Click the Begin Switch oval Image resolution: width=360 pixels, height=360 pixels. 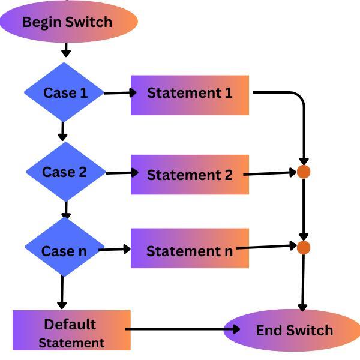point(68,22)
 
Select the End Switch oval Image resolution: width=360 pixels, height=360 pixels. point(292,330)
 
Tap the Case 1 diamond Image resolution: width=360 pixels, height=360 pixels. point(65,93)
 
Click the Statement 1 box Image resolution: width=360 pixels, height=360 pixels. point(190,94)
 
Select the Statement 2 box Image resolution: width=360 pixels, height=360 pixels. point(190,175)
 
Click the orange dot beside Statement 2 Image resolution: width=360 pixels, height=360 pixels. point(304,172)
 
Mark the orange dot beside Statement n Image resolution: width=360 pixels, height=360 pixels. point(304,247)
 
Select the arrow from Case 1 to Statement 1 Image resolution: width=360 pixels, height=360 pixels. point(118,92)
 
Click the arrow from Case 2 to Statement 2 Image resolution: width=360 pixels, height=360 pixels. point(119,173)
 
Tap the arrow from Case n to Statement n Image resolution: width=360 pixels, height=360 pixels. point(115,248)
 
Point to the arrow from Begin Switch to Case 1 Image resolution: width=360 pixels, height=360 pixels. point(66,50)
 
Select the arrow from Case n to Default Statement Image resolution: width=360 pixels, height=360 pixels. point(61,292)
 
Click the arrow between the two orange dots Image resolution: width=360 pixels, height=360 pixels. point(304,209)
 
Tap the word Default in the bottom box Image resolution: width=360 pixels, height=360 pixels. point(70,324)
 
